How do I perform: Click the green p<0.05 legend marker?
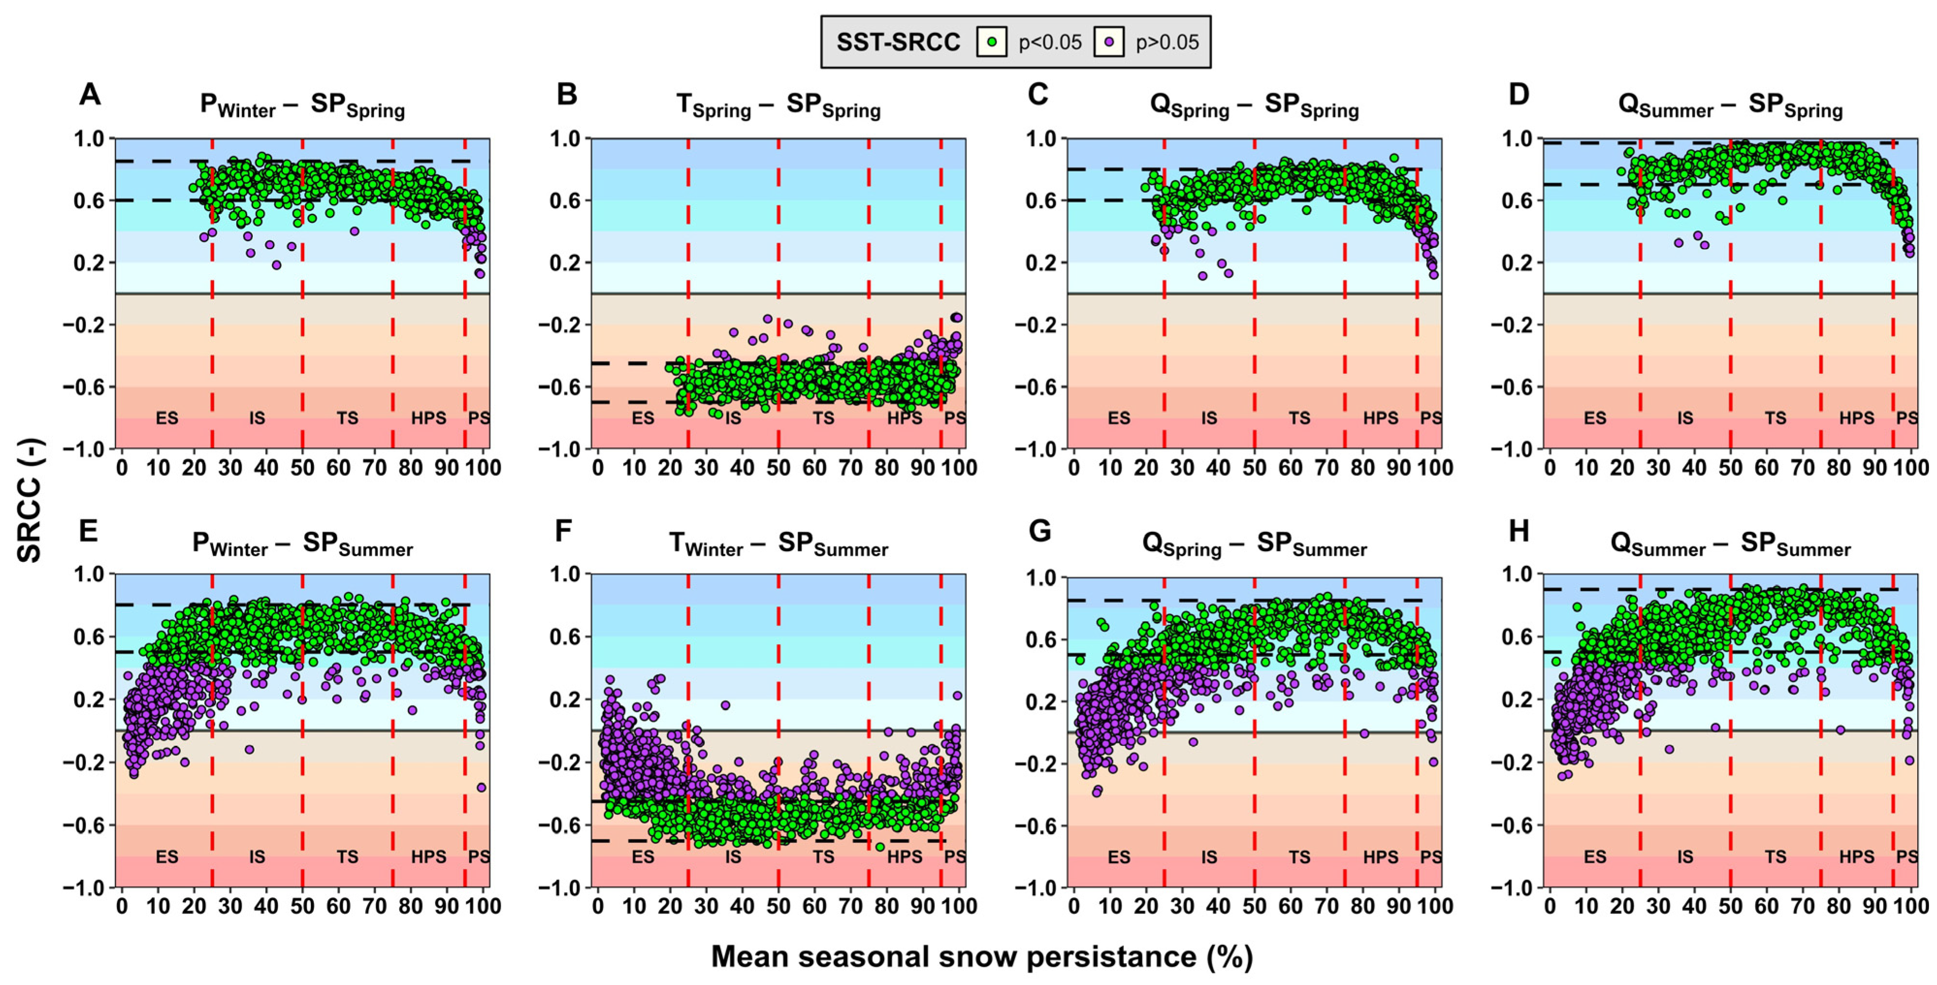coord(992,42)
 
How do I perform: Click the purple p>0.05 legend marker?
coord(1108,42)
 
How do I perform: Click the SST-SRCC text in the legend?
coord(898,42)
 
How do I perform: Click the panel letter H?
coord(1518,531)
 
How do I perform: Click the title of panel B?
coord(778,106)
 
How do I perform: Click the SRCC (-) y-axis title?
coord(30,500)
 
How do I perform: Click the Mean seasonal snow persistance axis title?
coord(981,956)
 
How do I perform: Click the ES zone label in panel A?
coord(167,418)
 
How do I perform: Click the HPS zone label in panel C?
coord(1381,418)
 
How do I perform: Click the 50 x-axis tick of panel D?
coord(1730,468)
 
